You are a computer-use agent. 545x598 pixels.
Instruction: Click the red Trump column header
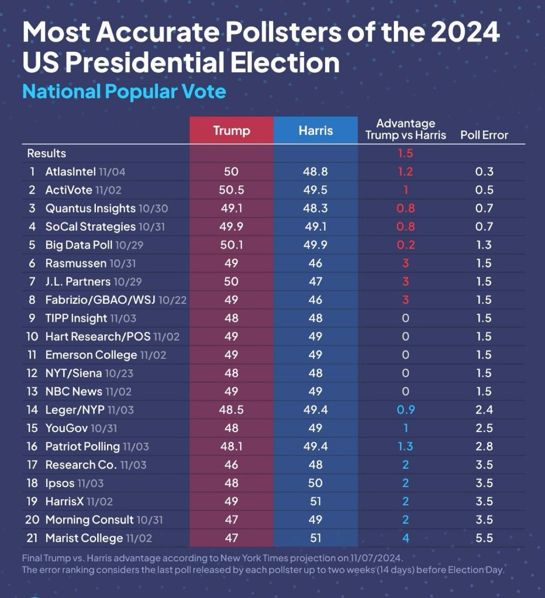pyautogui.click(x=231, y=130)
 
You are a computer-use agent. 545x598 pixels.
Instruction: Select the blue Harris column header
pyautogui.click(x=315, y=130)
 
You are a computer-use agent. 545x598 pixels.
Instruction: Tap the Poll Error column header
pyautogui.click(x=484, y=135)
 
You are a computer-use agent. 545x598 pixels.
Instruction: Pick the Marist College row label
pyautogui.click(x=84, y=538)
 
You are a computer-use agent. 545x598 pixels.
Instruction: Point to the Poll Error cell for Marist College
pyautogui.click(x=484, y=538)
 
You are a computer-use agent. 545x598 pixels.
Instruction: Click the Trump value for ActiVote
pyautogui.click(x=231, y=190)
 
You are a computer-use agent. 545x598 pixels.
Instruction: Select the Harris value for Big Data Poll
pyautogui.click(x=315, y=245)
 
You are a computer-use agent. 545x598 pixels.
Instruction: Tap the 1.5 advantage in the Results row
pyautogui.click(x=405, y=154)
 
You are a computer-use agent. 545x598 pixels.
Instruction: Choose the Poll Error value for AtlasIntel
pyautogui.click(x=484, y=172)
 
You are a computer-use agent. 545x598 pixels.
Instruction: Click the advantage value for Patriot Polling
pyautogui.click(x=405, y=446)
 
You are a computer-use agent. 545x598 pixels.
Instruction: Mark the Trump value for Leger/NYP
pyautogui.click(x=231, y=409)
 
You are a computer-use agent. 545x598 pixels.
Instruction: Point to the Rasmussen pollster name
pyautogui.click(x=76, y=263)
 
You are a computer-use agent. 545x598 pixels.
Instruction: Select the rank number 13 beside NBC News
pyautogui.click(x=33, y=391)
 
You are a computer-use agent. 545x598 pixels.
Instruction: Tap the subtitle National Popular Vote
pyautogui.click(x=124, y=92)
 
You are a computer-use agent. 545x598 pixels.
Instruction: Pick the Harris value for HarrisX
pyautogui.click(x=315, y=501)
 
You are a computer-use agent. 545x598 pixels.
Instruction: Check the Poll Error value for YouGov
pyautogui.click(x=484, y=428)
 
